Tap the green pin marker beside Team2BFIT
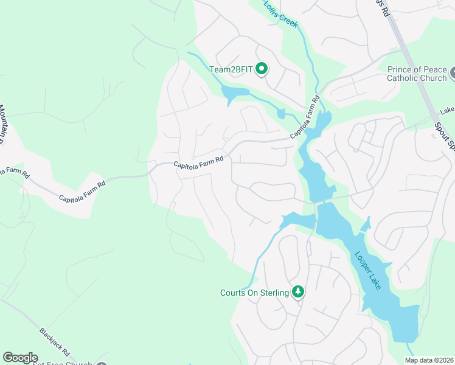(262, 69)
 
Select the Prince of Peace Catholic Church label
(417, 73)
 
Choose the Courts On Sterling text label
(254, 293)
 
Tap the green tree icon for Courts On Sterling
(298, 293)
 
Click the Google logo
(20, 358)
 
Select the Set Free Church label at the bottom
(61, 363)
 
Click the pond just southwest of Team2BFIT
(235, 93)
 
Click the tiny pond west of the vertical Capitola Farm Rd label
(281, 113)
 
